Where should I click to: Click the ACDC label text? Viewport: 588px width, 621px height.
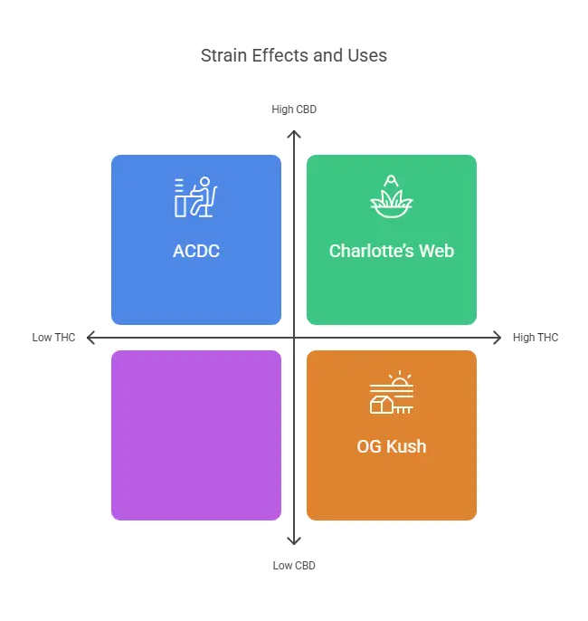tap(196, 251)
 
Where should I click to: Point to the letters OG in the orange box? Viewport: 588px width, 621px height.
tap(369, 446)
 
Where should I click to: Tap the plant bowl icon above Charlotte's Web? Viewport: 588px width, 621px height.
tap(391, 196)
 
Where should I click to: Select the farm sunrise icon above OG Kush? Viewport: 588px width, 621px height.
tap(391, 393)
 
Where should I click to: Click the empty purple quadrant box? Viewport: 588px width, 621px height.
tap(196, 435)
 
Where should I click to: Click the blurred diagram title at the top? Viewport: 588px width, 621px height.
tap(294, 56)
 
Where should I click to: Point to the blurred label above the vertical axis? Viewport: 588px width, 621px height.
tap(293, 110)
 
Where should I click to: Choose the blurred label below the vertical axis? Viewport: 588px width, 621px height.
tap(293, 566)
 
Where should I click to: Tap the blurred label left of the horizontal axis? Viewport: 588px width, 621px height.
tap(54, 339)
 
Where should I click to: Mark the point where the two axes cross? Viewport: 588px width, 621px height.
tap(293, 339)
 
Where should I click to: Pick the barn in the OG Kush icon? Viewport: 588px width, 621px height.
tap(381, 405)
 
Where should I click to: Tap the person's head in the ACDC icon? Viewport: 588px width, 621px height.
tap(205, 184)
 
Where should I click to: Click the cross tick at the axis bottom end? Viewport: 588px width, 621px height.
tap(293, 541)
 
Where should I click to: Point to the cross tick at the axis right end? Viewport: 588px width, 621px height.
tap(495, 339)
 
